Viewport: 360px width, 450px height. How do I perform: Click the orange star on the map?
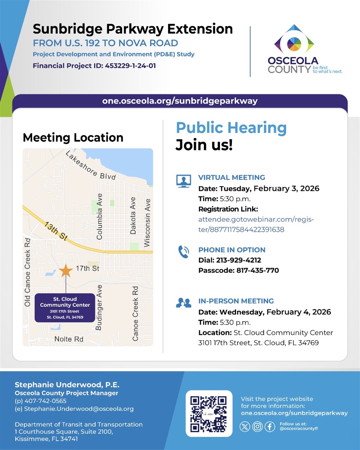(x=66, y=270)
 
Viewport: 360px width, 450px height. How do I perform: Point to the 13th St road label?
(x=56, y=231)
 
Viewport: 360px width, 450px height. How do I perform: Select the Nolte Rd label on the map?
(x=69, y=339)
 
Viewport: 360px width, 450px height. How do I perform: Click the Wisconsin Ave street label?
(x=147, y=222)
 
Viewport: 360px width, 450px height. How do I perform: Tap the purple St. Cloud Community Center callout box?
(x=65, y=308)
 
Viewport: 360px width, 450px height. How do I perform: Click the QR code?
(x=209, y=414)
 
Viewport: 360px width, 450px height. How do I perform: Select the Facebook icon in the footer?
(x=269, y=427)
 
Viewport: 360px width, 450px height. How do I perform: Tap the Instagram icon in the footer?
(x=257, y=427)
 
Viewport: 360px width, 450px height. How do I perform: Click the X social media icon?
(x=245, y=427)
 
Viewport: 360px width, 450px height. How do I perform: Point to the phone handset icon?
(x=183, y=252)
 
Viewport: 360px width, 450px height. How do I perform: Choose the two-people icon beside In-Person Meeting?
(x=183, y=303)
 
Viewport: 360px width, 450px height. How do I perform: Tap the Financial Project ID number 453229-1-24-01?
(x=130, y=66)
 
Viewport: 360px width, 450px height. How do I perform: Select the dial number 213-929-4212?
(x=238, y=260)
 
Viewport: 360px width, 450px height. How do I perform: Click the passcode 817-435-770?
(x=257, y=270)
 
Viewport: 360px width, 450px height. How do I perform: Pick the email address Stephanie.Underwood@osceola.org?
(x=79, y=409)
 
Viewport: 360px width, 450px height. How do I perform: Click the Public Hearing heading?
(x=231, y=128)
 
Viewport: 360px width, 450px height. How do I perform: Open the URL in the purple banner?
(x=180, y=101)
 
